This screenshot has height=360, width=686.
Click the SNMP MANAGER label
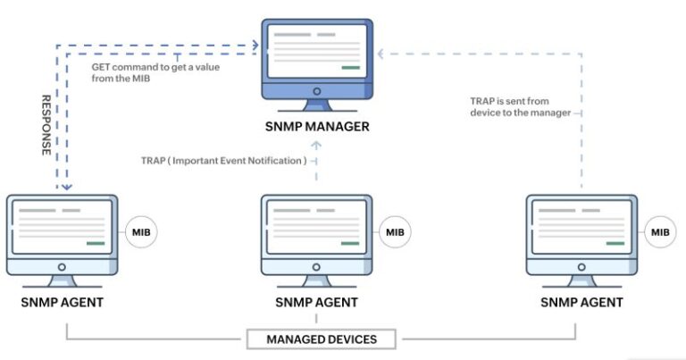click(x=317, y=127)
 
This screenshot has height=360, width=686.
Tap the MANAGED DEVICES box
click(x=322, y=339)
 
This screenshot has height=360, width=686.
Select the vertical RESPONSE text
click(x=46, y=125)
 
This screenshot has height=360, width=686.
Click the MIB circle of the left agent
click(x=141, y=232)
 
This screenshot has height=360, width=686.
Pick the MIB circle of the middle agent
click(x=395, y=232)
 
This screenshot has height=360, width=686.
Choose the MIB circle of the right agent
click(x=660, y=232)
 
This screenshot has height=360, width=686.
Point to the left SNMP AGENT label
click(x=63, y=302)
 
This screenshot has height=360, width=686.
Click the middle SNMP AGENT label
click(x=317, y=302)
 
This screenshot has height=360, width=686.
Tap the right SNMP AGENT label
click(x=581, y=302)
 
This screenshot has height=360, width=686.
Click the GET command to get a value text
click(x=155, y=67)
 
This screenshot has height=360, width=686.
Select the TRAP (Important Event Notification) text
click(x=223, y=161)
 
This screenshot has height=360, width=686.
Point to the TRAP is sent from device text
click(x=521, y=106)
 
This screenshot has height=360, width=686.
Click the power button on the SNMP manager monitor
click(x=317, y=91)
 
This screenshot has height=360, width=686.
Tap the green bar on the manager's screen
click(x=351, y=68)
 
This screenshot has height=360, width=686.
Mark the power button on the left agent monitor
click(x=63, y=267)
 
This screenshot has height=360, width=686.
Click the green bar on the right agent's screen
click(x=615, y=243)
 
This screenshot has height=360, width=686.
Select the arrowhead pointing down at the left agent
click(x=66, y=188)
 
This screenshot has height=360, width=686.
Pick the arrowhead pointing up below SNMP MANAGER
click(x=316, y=145)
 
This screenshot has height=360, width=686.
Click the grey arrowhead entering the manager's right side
click(x=381, y=54)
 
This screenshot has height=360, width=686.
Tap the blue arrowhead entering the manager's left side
click(x=255, y=45)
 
